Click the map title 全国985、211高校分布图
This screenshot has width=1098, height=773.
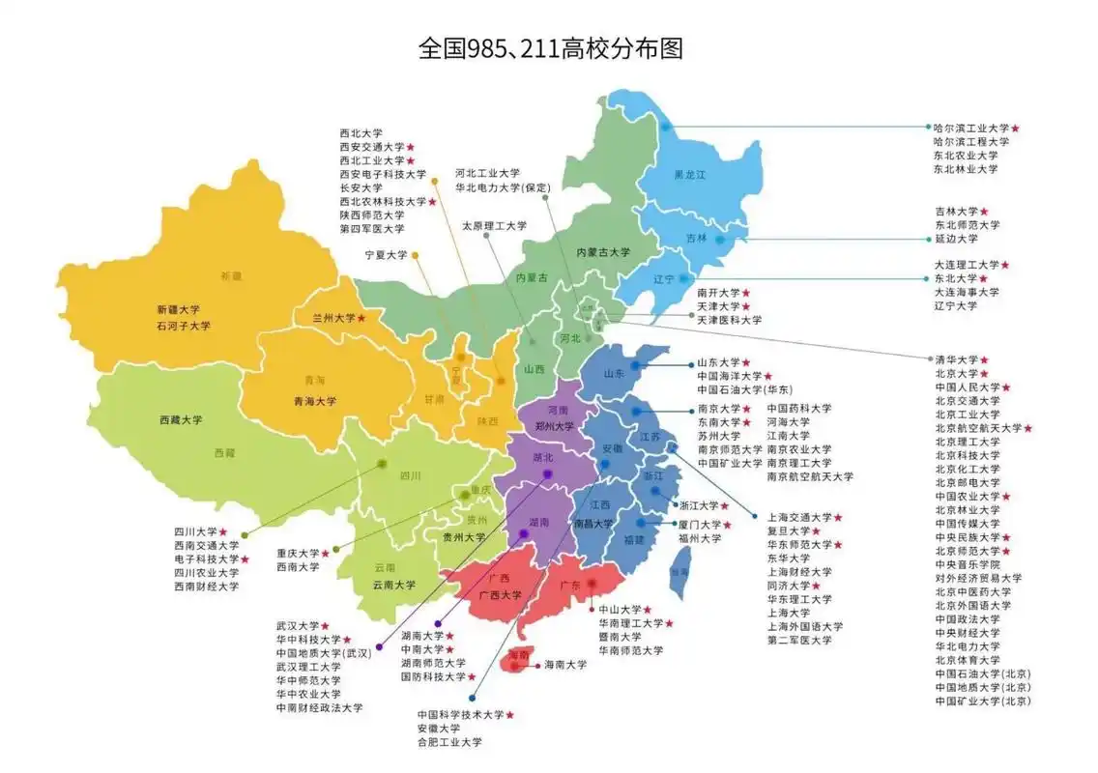tap(550, 48)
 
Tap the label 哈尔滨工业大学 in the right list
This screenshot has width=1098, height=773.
tap(970, 128)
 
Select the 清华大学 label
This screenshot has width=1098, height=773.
tap(956, 359)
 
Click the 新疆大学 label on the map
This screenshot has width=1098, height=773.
tap(178, 310)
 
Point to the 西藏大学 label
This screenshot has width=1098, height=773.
tap(181, 420)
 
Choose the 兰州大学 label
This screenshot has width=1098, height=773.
tap(332, 318)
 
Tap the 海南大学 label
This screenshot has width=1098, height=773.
tap(565, 665)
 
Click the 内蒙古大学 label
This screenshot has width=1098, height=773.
tap(602, 252)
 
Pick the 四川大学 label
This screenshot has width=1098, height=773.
tap(194, 531)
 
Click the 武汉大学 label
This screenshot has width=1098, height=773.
tap(296, 626)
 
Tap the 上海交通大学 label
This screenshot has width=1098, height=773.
tap(798, 518)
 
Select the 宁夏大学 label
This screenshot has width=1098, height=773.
tap(386, 255)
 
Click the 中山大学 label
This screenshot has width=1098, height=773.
tap(620, 610)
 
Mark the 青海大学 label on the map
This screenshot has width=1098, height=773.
tap(315, 401)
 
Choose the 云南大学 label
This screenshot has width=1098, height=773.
tap(394, 585)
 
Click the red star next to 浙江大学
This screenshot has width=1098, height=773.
tap(725, 505)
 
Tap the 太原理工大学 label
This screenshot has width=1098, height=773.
tap(494, 226)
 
